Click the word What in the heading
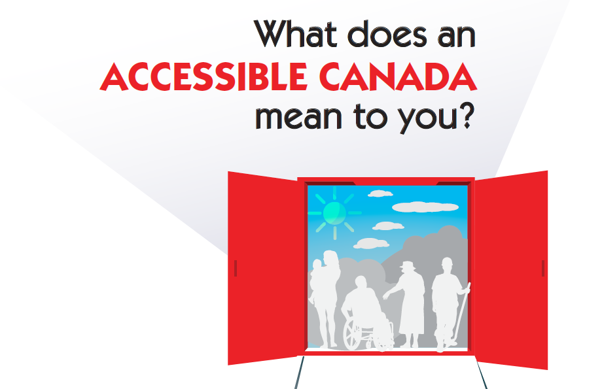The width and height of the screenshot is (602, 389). [295, 34]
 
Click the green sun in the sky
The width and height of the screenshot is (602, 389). [334, 213]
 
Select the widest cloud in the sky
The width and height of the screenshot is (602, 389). [425, 207]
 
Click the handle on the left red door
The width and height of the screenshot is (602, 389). [236, 268]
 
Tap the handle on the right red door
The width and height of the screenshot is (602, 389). [543, 268]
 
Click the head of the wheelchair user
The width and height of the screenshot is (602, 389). [361, 282]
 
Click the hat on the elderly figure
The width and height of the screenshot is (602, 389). [407, 265]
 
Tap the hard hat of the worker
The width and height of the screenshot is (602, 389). [448, 262]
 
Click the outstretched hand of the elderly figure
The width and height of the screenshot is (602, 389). [385, 297]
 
